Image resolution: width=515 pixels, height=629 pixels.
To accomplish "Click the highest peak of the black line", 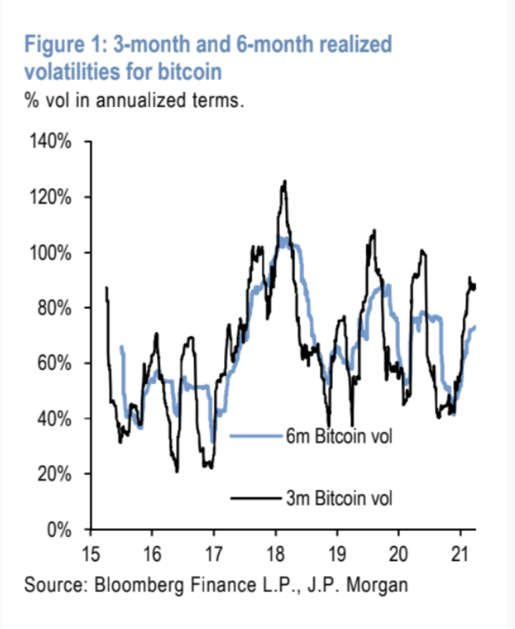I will coord(285,181).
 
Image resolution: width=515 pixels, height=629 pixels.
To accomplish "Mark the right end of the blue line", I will coord(475,327).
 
